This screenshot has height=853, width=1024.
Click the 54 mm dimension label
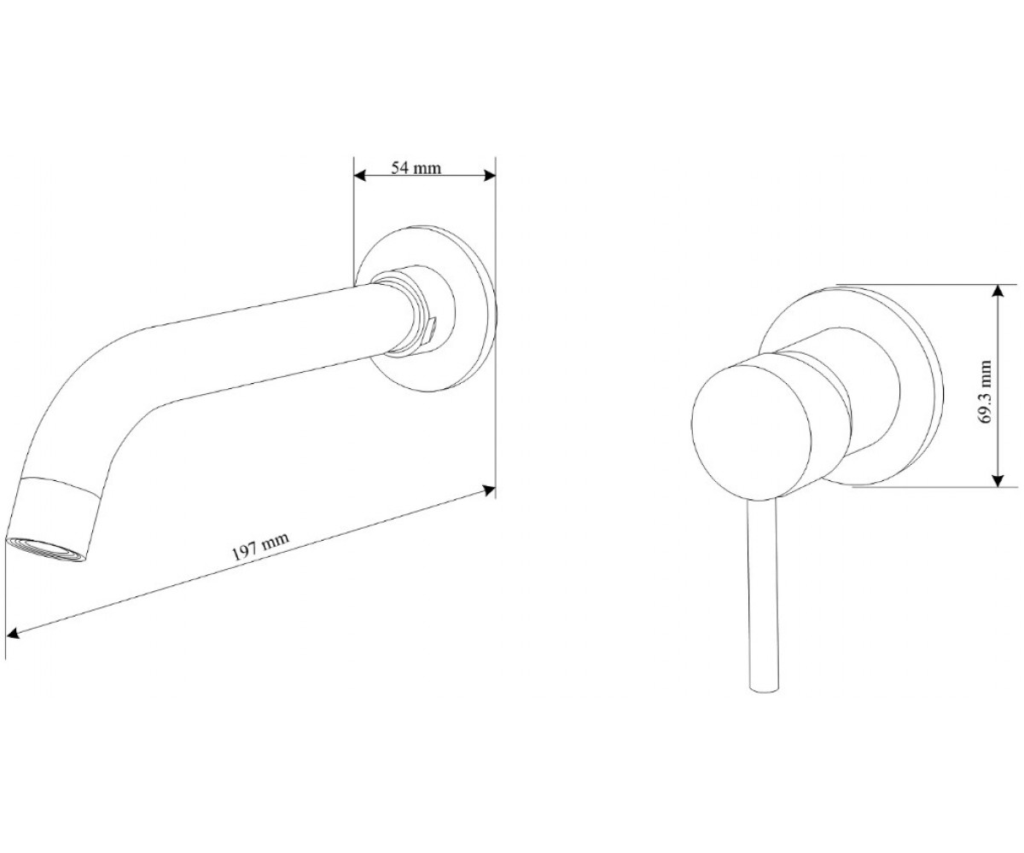[x=416, y=168]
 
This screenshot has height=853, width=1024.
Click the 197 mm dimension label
[x=260, y=546]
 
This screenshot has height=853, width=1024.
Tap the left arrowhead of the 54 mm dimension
[x=359, y=176]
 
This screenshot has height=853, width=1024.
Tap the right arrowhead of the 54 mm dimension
[x=490, y=176]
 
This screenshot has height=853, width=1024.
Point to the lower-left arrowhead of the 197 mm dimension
[x=13, y=634]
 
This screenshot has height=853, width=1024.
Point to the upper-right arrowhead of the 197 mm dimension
[x=489, y=490]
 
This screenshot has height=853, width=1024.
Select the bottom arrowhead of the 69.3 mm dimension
[x=998, y=480]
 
